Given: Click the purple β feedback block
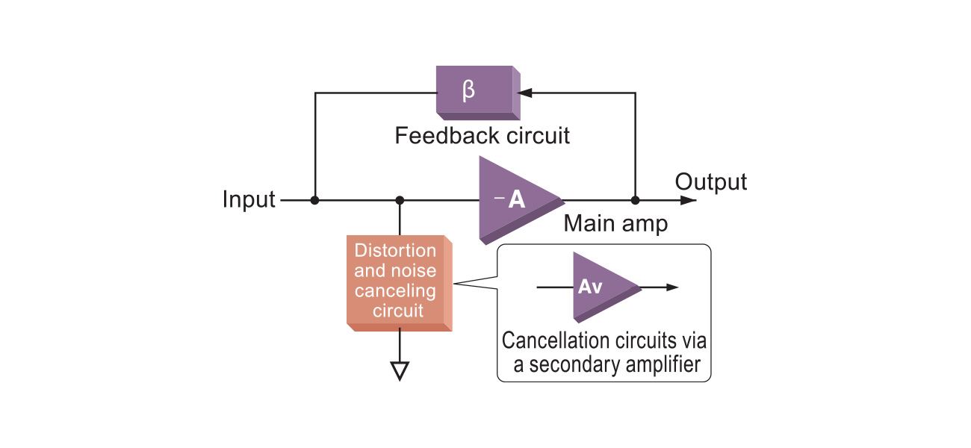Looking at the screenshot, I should pos(475,93).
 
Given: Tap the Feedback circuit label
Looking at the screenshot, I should pos(482,136).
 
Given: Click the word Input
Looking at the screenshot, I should pos(249,200).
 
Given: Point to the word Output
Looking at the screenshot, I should pos(710,181).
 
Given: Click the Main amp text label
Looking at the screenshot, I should pos(615,224).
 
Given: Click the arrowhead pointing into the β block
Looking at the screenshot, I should pos(525,93).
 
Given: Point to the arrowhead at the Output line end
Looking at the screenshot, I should pos(689,200).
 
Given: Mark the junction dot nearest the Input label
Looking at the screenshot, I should pos(315,200).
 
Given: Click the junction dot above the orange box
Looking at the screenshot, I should pos(400,200).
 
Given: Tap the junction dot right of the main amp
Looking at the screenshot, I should pos(635,200).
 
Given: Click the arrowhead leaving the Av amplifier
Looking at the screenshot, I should pos(672,287).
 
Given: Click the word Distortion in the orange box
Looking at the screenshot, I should pos(395,250).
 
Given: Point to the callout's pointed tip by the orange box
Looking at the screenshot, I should pos(455,283).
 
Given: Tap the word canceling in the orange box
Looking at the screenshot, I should pos(395,290).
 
